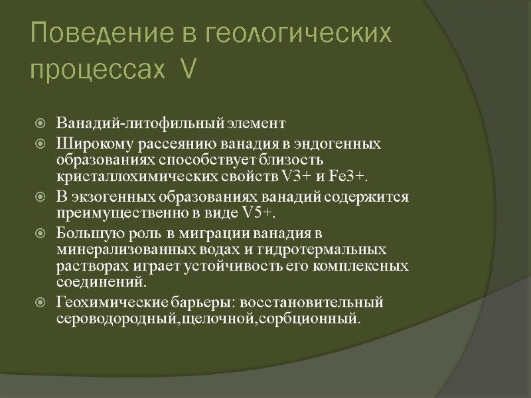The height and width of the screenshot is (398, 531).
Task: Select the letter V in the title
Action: tap(187, 68)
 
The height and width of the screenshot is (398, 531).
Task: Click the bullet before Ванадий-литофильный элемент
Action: tap(41, 123)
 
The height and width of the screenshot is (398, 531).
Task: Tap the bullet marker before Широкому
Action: tap(41, 144)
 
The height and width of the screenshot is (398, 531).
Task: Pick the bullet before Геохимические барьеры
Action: tap(41, 303)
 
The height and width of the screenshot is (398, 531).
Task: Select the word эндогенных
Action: tap(342, 144)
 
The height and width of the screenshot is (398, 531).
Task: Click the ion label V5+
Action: tap(255, 213)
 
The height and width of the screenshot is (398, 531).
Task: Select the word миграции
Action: tap(210, 233)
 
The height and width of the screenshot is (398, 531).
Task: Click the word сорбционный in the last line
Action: tap(317, 319)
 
